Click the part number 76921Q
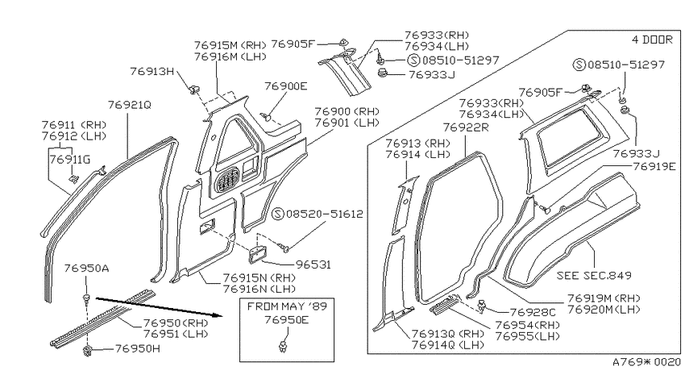(129, 105)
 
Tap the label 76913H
(152, 71)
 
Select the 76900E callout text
(286, 86)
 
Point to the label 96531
(313, 265)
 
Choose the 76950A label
(86, 268)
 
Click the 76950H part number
(138, 348)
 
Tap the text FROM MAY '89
(287, 306)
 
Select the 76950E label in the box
(287, 320)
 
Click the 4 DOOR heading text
(652, 40)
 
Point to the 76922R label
(466, 127)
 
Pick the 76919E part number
(654, 166)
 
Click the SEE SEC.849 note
(594, 275)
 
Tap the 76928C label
(533, 312)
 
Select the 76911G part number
(70, 160)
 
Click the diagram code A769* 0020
(646, 362)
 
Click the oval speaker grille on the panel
(227, 180)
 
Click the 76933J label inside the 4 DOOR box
(636, 153)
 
